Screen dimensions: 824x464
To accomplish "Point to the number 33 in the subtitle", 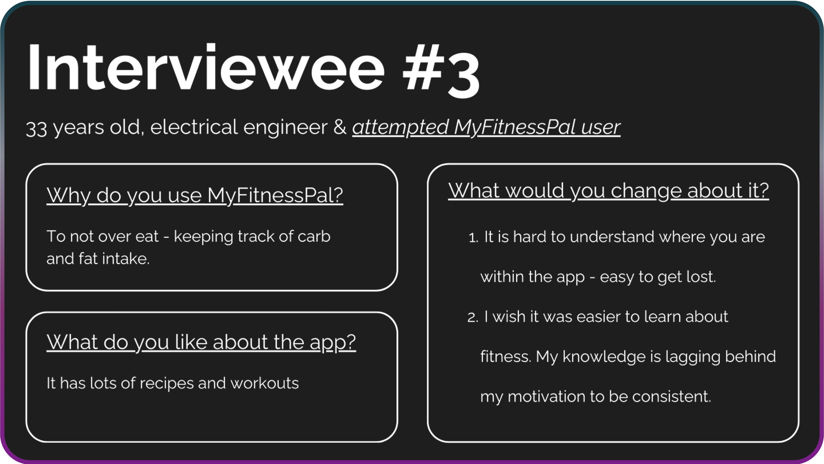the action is coord(36,129).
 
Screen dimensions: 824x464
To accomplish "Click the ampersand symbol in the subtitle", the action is coord(340,127).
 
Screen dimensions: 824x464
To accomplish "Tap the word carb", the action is coord(314,236).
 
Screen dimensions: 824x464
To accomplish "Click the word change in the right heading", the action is coord(646,191).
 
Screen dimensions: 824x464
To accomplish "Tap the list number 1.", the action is coord(473,238).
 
